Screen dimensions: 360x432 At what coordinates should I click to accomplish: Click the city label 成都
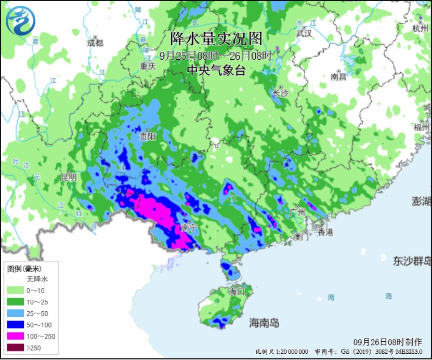[95, 43]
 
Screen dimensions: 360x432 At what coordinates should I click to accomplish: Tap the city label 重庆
[148, 66]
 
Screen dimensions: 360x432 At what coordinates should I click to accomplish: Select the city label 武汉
[304, 33]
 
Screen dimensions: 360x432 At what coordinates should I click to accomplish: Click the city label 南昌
[338, 77]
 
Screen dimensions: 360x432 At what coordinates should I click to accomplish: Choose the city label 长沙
[280, 93]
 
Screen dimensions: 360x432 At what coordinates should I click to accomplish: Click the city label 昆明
[69, 177]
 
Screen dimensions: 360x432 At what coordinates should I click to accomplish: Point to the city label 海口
[237, 291]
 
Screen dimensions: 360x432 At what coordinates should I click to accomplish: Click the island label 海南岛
[264, 323]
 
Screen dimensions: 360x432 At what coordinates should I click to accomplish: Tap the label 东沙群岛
[412, 260]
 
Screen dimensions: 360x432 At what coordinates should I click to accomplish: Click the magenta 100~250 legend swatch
[16, 336]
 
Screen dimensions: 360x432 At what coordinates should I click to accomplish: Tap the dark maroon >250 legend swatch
[16, 347]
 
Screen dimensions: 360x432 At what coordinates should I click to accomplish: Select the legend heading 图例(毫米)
[24, 269]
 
